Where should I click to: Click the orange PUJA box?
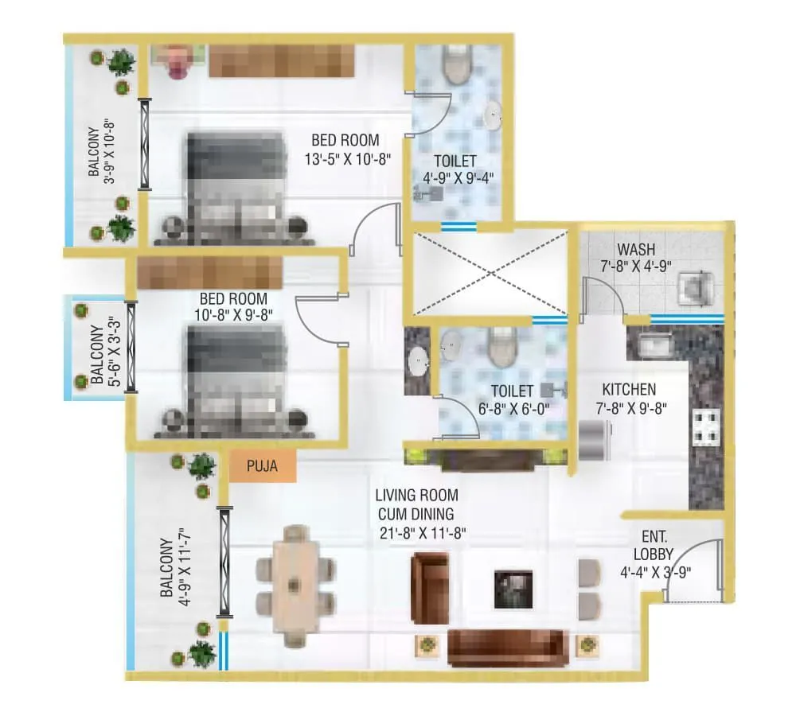pos(263,466)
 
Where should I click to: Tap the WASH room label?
pos(636,250)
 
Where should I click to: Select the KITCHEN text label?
pos(629,390)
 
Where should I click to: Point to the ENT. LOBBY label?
pos(654,545)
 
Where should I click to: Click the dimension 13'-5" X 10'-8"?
pos(348,160)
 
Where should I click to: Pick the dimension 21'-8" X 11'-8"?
pos(423,533)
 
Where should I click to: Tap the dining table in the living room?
pos(296,586)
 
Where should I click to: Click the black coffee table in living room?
pos(513,590)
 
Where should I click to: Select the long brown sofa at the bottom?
pos(508,648)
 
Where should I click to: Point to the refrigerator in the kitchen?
pos(595,441)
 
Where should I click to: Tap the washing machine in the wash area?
pos(696,288)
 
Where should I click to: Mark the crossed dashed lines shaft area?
pos(490,273)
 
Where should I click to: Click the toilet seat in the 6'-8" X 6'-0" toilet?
pos(502,347)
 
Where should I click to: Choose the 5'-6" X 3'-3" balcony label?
pos(106,353)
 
